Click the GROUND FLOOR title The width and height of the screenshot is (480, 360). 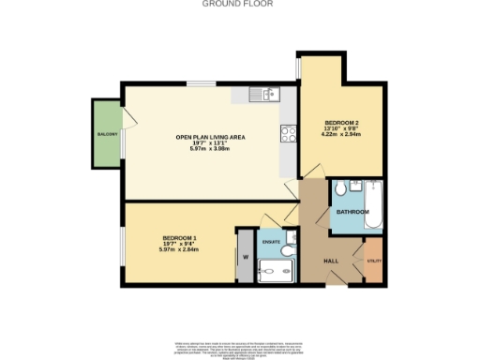239,4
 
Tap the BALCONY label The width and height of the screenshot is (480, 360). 106,135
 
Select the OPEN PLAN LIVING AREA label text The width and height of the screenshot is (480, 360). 211,138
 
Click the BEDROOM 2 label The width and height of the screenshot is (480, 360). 340,123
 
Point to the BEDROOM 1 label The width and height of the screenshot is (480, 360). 178,237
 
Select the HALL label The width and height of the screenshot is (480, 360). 331,260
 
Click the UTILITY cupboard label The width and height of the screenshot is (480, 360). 373,261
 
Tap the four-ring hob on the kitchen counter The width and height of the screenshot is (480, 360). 286,133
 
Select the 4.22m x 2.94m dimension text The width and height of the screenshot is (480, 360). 340,136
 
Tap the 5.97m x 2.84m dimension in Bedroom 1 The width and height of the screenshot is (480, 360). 178,250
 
